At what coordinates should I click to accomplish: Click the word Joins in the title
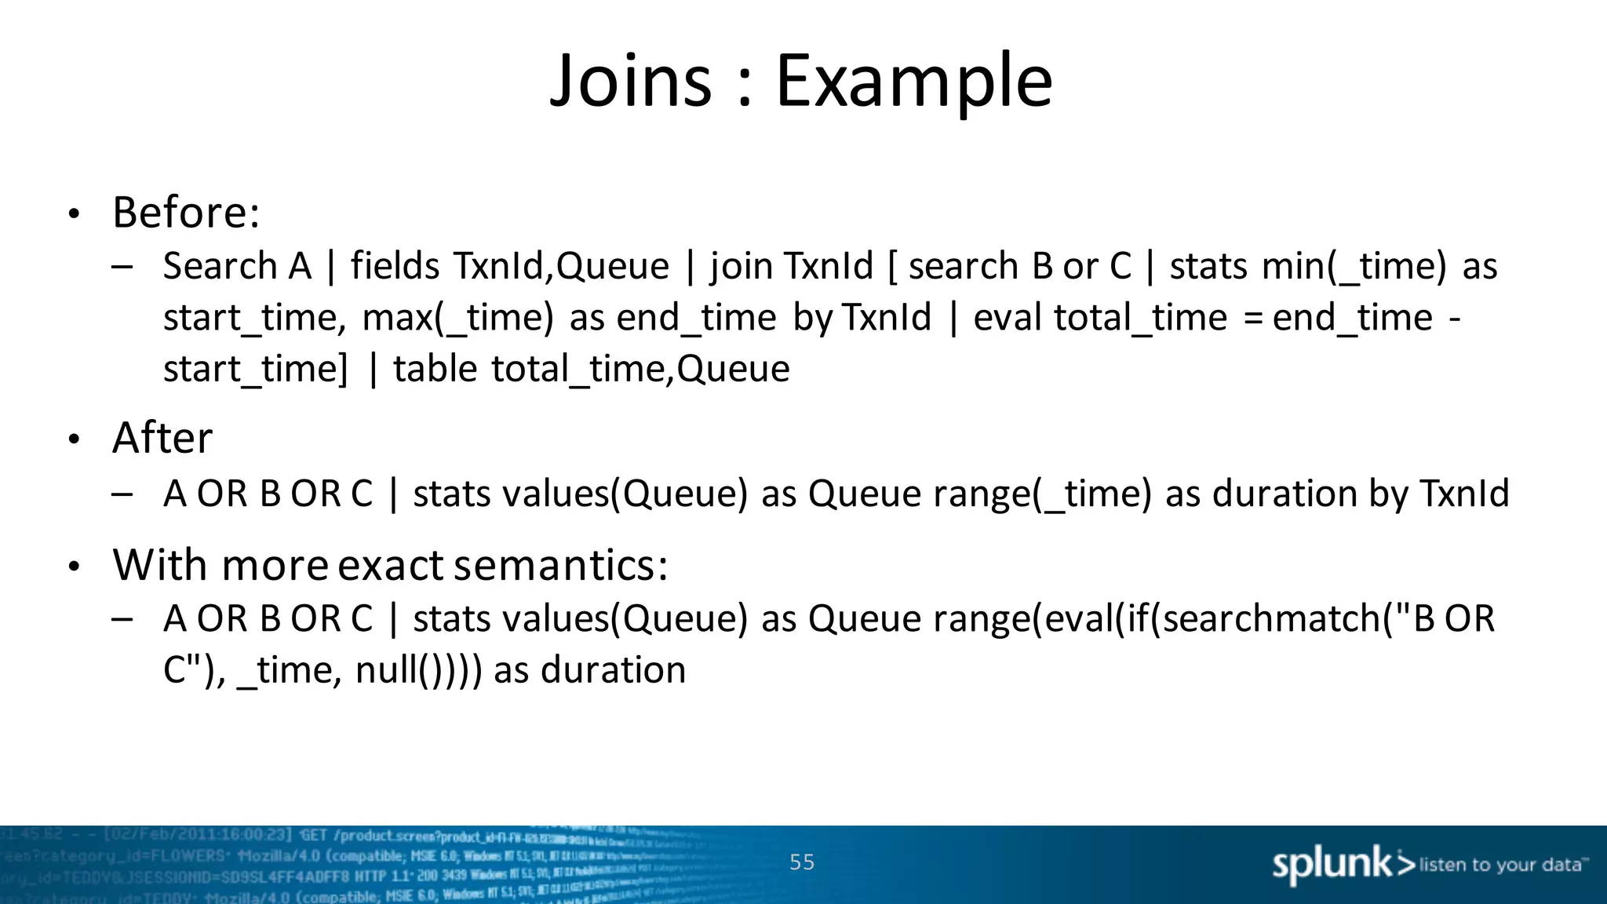tap(631, 81)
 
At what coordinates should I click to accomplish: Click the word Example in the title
tap(913, 81)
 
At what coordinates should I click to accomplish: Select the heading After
tap(162, 437)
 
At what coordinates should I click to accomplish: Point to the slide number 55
tap(802, 862)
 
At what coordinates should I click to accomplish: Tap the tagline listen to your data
tap(1502, 865)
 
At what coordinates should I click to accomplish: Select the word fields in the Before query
tap(395, 266)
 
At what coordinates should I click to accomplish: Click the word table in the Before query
tap(435, 369)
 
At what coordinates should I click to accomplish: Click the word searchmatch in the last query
tap(1271, 618)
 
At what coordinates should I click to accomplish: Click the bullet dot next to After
tap(74, 439)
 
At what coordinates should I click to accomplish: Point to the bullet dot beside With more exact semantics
tap(74, 567)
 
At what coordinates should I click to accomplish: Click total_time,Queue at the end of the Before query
tap(640, 369)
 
